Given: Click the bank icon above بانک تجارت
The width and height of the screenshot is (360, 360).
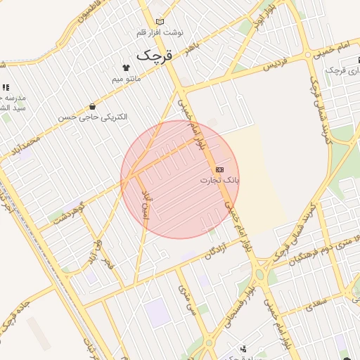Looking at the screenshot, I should pos(220,169).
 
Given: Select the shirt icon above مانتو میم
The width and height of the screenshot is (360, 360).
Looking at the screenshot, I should pos(126,68).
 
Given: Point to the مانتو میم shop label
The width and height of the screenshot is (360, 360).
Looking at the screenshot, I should pos(127,79).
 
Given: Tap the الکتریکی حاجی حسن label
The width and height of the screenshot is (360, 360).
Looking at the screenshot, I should pos(104,117).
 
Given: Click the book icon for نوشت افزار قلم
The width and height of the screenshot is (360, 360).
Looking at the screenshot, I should pos(160,22).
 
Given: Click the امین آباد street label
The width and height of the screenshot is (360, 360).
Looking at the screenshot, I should pos(146,202).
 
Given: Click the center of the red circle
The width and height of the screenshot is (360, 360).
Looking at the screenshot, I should pos(179,179).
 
